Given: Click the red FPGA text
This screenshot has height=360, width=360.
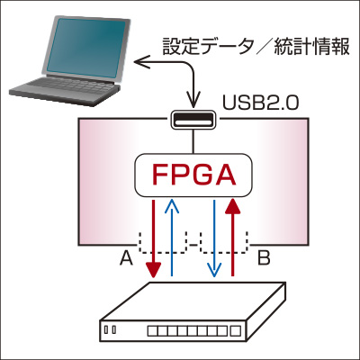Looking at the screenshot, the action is (193, 175).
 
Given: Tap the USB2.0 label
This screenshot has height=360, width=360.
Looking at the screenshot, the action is (260, 103).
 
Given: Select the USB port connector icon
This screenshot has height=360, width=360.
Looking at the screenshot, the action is (193, 120).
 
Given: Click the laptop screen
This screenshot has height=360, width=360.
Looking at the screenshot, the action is (85, 47).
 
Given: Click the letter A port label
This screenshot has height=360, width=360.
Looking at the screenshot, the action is (126, 258).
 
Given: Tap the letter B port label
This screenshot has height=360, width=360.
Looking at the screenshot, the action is (264, 258).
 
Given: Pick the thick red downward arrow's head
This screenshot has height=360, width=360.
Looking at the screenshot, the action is (153, 270).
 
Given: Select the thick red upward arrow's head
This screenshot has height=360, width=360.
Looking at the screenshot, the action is (232, 206).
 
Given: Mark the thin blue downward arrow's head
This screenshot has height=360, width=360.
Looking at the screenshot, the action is (214, 270).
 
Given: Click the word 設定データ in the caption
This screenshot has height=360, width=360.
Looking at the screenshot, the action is (207, 46).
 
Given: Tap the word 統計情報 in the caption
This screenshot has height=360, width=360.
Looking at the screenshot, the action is (312, 46).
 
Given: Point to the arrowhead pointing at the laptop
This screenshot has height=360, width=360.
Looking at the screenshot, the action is (141, 62).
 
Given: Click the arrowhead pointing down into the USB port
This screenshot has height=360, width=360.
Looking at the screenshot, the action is (193, 101).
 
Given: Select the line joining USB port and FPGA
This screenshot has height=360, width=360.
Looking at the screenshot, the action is (193, 142).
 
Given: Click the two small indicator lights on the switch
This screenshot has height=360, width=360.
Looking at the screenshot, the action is (110, 329).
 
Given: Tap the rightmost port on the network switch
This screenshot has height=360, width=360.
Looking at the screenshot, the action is (236, 331).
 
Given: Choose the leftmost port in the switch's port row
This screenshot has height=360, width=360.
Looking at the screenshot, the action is (152, 331).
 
